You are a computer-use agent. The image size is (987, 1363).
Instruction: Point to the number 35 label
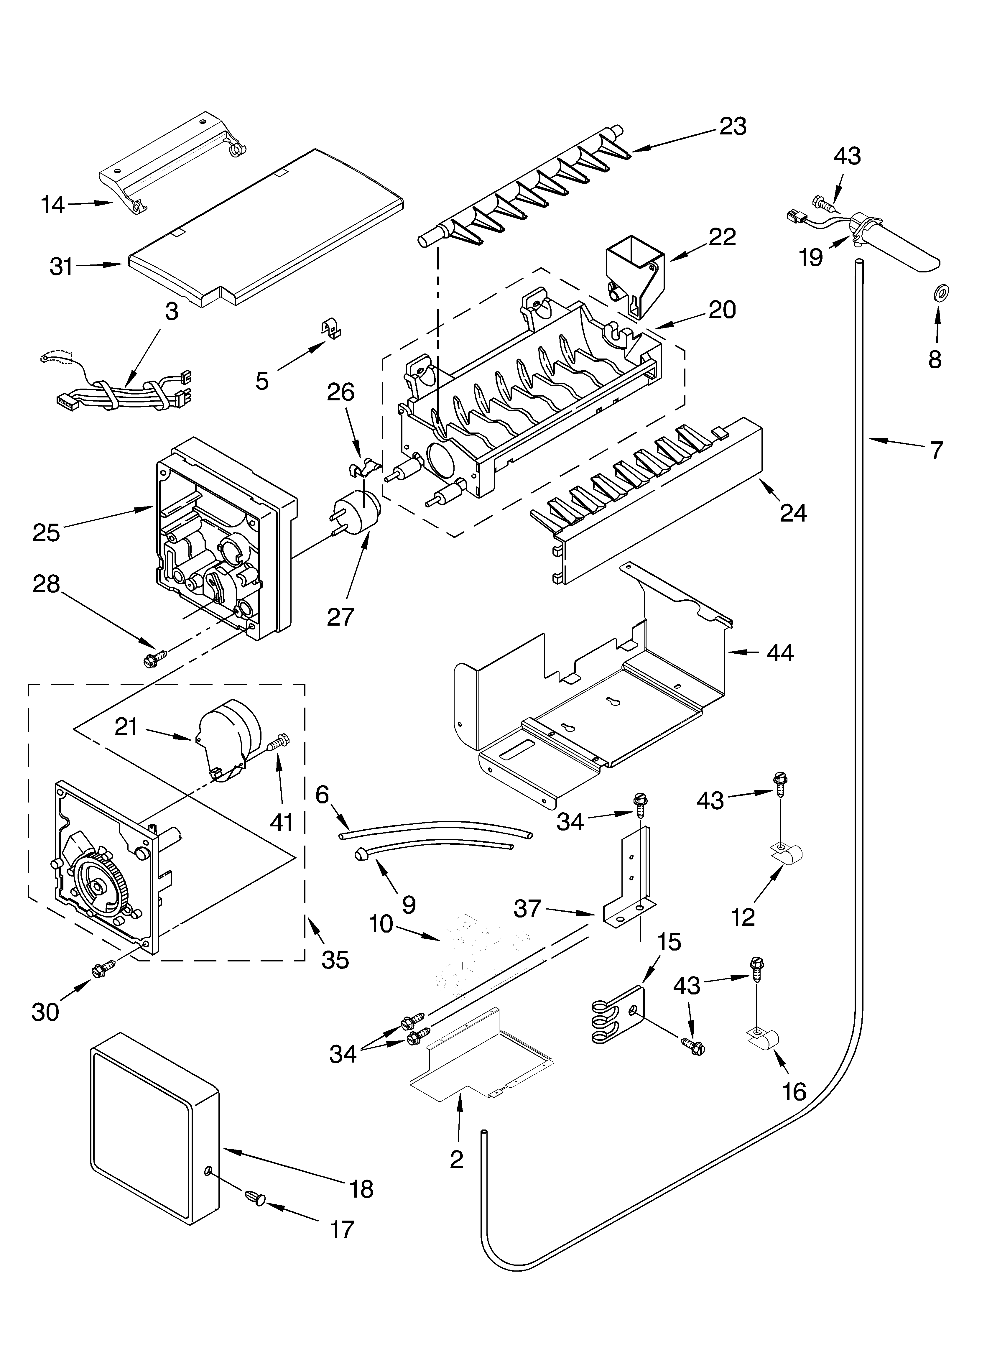tap(335, 960)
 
